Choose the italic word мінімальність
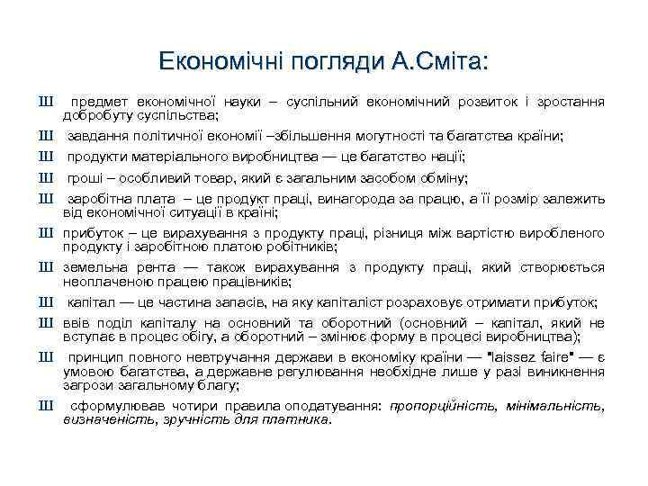point(544,405)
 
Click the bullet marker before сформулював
point(44,404)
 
